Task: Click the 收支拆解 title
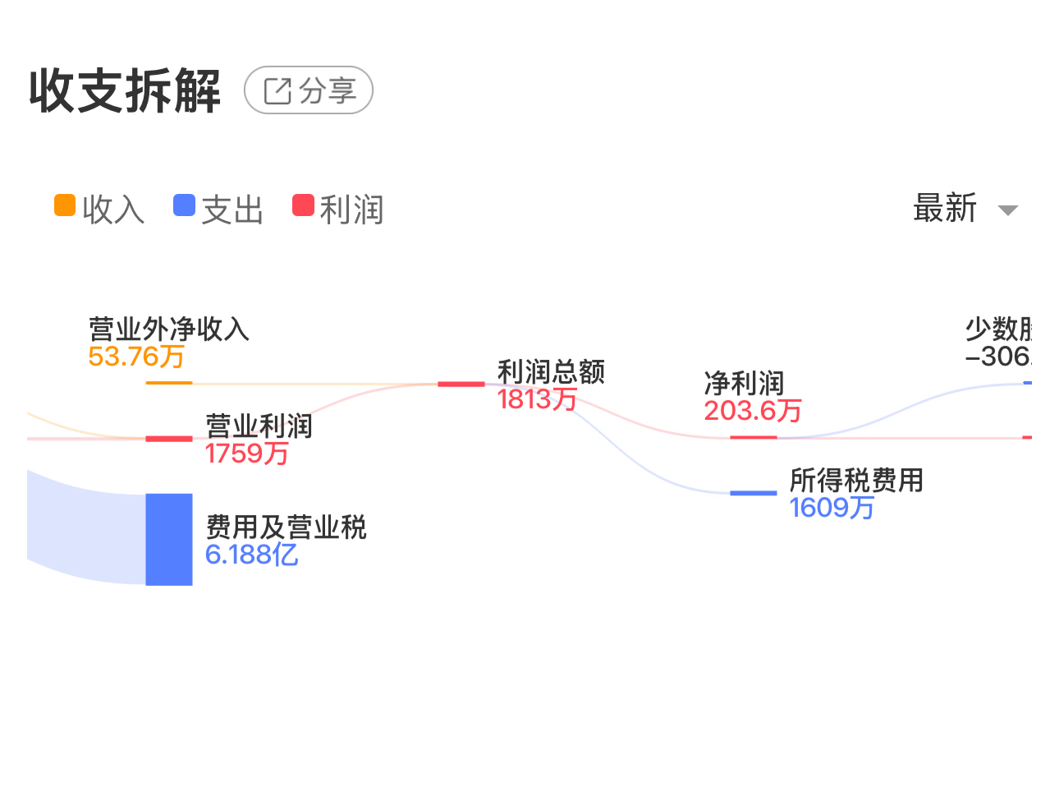(x=125, y=90)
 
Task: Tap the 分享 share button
(x=309, y=90)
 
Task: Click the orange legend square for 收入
(x=65, y=205)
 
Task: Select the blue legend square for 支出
(x=184, y=205)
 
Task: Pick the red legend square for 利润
(x=303, y=205)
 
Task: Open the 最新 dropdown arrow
(x=1007, y=210)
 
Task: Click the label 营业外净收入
(x=168, y=329)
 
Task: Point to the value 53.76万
(x=136, y=357)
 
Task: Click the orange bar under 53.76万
(x=168, y=383)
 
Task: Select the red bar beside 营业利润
(x=168, y=439)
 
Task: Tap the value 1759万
(x=247, y=453)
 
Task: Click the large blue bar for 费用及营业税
(x=168, y=539)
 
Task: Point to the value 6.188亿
(x=251, y=555)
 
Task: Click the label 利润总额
(x=551, y=372)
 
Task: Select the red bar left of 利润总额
(x=461, y=384)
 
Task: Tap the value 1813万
(x=537, y=399)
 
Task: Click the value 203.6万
(x=752, y=410)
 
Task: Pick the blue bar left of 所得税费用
(x=753, y=493)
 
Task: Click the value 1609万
(x=832, y=508)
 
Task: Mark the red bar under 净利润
(x=753, y=437)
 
